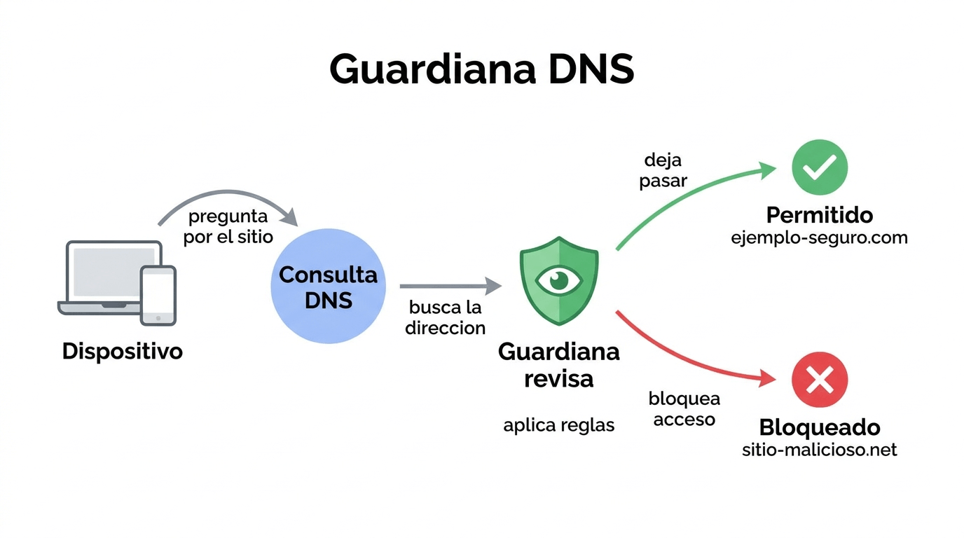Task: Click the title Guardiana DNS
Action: (481, 69)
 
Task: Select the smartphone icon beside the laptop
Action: (158, 295)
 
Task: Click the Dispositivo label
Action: (123, 350)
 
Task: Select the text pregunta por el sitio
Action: (228, 226)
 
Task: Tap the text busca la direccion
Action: (445, 317)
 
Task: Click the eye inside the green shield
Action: (558, 281)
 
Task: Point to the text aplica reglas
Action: (558, 425)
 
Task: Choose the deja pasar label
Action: (663, 170)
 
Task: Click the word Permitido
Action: (819, 214)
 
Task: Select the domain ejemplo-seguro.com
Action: (819, 237)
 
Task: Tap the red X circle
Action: (819, 380)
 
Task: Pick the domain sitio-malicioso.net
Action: (819, 449)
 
